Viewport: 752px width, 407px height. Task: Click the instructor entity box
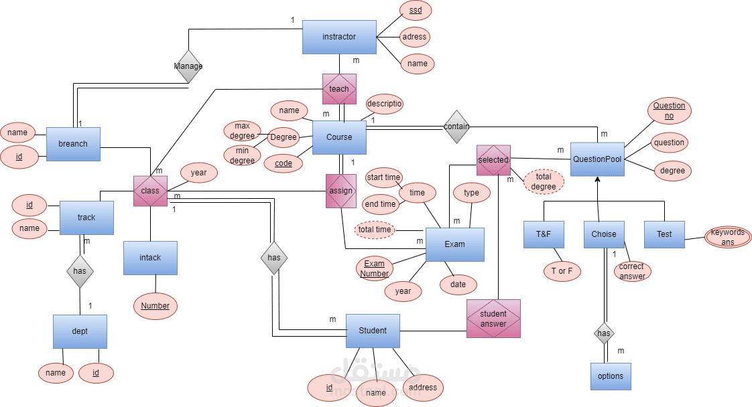339,37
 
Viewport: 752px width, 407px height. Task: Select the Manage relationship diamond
188,66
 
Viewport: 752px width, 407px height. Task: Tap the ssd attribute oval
416,11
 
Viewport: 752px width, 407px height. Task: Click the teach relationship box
339,89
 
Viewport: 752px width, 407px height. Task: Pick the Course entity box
339,137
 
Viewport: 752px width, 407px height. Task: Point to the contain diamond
456,127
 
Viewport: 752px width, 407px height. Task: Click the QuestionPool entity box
597,159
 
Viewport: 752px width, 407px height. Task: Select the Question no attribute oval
669,110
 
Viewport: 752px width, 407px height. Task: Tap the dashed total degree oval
544,181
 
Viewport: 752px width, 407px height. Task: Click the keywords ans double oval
727,237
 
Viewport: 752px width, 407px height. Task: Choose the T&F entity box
544,235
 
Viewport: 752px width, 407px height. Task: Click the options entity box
610,376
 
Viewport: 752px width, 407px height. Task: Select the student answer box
493,319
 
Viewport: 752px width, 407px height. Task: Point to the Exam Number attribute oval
374,268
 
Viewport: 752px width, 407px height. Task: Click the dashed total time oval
375,230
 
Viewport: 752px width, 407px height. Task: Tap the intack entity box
150,258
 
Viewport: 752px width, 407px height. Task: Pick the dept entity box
80,331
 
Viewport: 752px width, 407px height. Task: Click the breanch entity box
73,144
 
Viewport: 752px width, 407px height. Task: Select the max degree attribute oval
243,131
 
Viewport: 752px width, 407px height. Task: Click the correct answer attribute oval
632,271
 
